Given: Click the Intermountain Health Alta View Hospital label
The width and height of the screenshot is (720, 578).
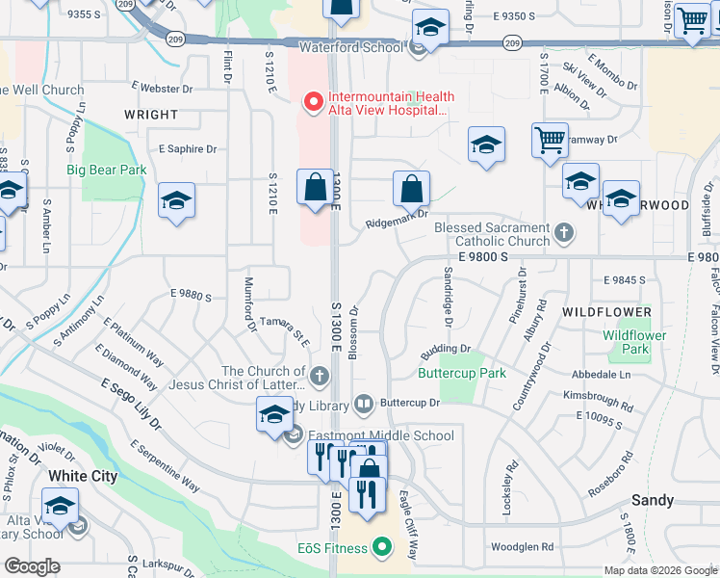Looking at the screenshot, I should [x=387, y=103].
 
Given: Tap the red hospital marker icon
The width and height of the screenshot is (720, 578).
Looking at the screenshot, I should [x=312, y=99].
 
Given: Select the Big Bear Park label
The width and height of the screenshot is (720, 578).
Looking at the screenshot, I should [x=106, y=170].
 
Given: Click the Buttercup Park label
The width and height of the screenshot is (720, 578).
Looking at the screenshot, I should [x=461, y=373].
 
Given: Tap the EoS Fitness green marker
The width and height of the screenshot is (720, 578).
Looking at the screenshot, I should [x=382, y=548].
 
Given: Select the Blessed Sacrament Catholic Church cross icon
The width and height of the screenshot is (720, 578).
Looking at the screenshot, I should [x=565, y=232].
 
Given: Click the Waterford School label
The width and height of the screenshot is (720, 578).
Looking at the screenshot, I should [x=350, y=47].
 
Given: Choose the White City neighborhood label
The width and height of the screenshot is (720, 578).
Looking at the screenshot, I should [x=83, y=476].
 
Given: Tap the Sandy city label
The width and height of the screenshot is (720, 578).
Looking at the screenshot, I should [x=652, y=500].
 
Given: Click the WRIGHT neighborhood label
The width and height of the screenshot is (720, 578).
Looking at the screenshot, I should [x=151, y=115].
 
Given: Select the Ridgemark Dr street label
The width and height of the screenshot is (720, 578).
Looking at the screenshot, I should [x=396, y=223].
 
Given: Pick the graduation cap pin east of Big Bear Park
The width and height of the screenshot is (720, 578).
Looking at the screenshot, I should [x=176, y=200].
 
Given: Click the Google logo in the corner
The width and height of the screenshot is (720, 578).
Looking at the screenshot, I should [x=31, y=566].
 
